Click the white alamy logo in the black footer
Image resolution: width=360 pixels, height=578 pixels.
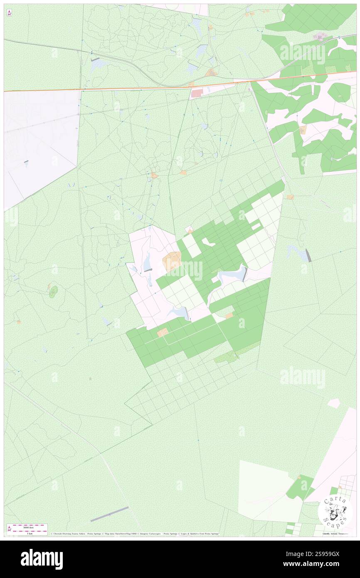42,559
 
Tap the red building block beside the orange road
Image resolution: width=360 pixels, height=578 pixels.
195,94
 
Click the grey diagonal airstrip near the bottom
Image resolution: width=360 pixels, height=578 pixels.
109,514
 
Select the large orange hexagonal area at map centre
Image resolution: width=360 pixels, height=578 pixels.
172,262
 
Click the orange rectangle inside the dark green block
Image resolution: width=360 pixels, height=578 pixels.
163,332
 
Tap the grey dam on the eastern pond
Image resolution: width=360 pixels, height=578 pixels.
308,255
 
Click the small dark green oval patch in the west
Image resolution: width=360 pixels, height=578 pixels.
53,292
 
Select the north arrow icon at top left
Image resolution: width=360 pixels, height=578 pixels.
9,13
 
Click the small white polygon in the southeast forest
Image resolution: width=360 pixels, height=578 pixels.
334,403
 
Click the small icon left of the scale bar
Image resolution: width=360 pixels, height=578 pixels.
9,529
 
